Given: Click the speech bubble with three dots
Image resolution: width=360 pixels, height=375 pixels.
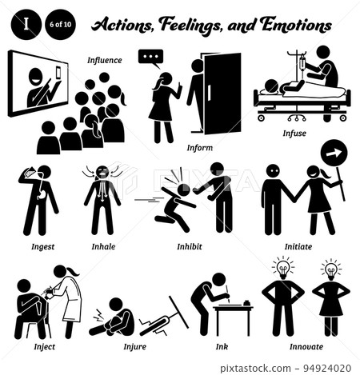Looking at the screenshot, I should pos(150,58).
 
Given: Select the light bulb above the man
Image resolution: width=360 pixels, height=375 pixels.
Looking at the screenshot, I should pos(282,268).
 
